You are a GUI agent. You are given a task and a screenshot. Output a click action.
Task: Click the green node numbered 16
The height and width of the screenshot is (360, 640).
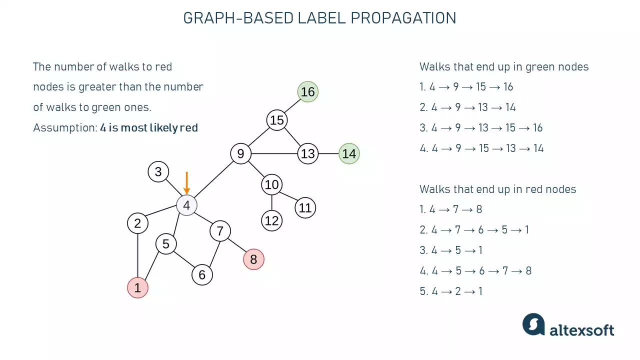tap(308, 92)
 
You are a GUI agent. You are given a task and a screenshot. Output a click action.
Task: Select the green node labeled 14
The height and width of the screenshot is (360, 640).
tap(349, 153)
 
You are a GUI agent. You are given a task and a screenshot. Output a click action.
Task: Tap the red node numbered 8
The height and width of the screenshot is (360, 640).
tap(253, 259)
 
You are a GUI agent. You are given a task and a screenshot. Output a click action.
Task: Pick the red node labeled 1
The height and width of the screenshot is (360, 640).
tap(138, 288)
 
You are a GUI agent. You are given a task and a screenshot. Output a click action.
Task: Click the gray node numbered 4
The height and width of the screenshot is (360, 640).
tap(186, 205)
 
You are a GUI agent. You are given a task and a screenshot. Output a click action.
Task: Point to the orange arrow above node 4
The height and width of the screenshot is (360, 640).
tap(186, 183)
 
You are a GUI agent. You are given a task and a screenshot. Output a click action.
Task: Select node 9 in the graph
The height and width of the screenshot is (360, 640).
tap(240, 153)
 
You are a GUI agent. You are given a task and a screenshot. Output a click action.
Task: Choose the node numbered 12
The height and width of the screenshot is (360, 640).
tap(271, 220)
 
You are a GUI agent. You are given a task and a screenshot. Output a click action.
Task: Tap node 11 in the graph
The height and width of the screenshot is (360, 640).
tap(305, 207)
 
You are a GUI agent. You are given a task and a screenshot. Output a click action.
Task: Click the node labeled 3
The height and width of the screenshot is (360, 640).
tap(158, 172)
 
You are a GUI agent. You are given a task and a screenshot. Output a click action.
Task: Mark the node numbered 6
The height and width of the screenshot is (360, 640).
tap(202, 275)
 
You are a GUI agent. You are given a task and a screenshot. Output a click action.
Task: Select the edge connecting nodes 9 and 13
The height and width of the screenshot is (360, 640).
tap(274, 153)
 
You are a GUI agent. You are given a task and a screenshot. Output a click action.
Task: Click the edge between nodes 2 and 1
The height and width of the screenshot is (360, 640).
tap(138, 255)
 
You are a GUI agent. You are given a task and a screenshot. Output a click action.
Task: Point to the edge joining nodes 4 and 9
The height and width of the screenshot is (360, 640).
tap(213, 179)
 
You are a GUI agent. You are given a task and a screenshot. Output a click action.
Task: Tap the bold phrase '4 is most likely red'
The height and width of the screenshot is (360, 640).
tap(149, 127)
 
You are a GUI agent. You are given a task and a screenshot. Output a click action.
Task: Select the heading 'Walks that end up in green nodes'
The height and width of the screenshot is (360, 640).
tap(504, 67)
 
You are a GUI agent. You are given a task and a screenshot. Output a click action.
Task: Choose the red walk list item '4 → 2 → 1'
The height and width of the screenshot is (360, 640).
tap(455, 291)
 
